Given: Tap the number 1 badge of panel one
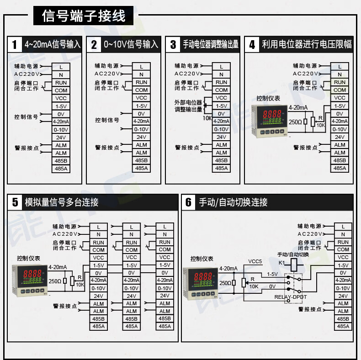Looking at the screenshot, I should tap(15, 44).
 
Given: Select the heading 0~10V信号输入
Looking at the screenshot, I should tap(131, 44).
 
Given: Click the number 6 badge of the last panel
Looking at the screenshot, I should tap(188, 202).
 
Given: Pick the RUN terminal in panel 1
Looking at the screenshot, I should tap(61, 83).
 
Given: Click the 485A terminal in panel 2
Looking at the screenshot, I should tap(141, 168).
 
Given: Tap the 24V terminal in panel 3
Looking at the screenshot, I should tap(221, 137).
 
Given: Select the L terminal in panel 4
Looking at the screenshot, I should tap(340, 67).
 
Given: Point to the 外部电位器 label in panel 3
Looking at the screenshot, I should tap(188, 103).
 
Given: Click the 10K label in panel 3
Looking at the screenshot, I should tap(207, 118).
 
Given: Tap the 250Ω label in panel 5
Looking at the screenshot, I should tap(54, 281).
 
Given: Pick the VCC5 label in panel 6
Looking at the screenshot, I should tap(255, 261).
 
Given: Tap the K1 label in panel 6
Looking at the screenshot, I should tap(281, 263).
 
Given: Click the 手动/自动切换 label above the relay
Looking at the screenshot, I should tap(293, 254).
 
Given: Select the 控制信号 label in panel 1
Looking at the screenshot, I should tap(26, 117).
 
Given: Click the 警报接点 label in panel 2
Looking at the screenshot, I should tap(107, 148).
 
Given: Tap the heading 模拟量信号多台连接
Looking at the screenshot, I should tap(62, 202).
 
